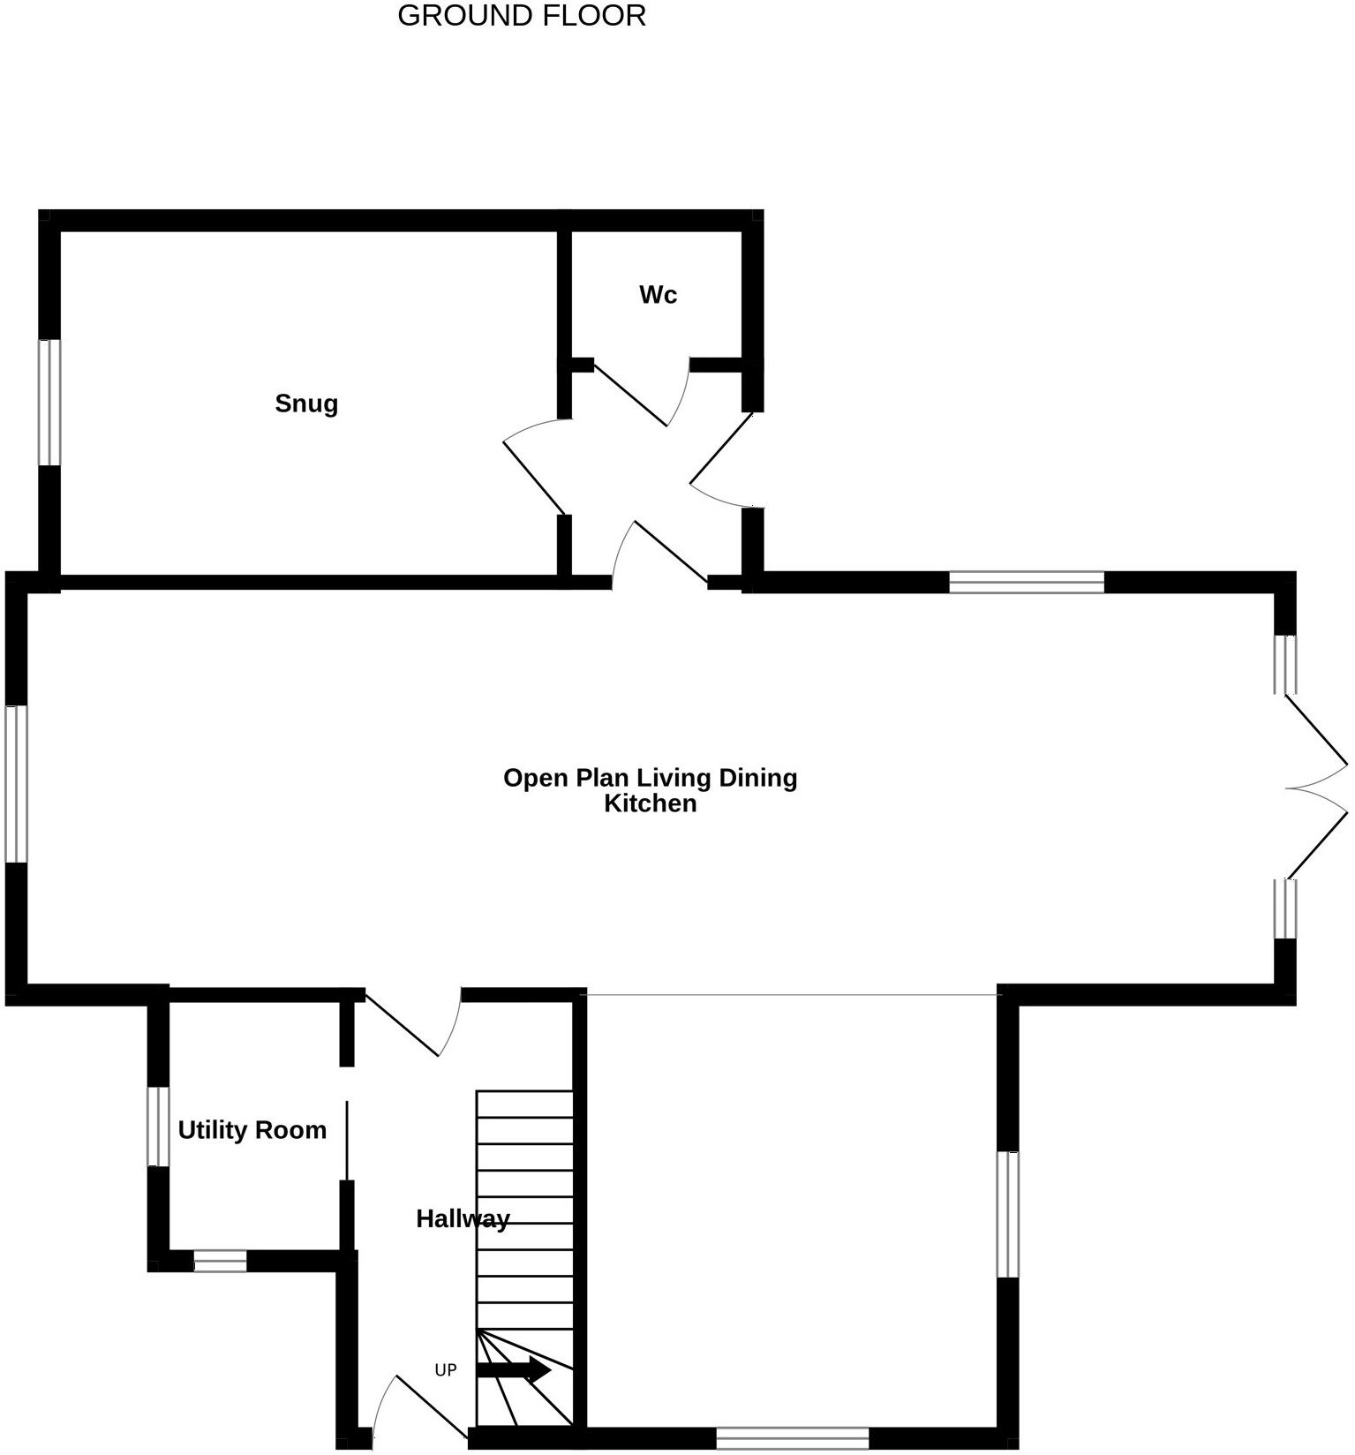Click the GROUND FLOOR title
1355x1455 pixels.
coord(521,16)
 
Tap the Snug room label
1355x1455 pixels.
coord(306,403)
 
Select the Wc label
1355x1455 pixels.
coord(658,295)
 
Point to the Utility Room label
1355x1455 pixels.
coord(252,1130)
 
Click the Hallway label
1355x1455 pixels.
coord(463,1218)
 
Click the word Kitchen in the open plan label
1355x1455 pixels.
coord(651,803)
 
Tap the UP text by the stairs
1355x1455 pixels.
coord(446,1370)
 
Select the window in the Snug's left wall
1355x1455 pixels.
coord(49,402)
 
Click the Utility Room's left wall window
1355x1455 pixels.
coord(158,1126)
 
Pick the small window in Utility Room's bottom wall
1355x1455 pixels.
coord(220,1261)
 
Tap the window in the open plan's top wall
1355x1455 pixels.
coord(1027,582)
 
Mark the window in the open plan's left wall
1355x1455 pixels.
coord(17,783)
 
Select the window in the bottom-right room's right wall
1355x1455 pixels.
coord(1007,1214)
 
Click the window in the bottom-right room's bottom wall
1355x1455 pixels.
coord(793,1438)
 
